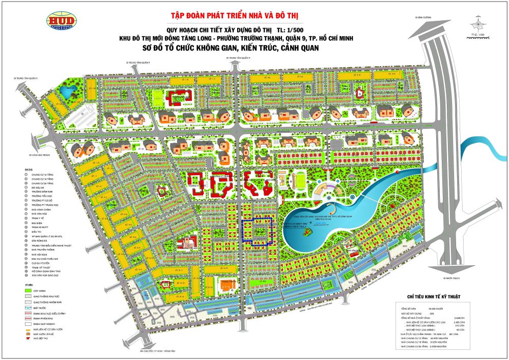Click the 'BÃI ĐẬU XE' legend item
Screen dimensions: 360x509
click(x=39, y=188)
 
